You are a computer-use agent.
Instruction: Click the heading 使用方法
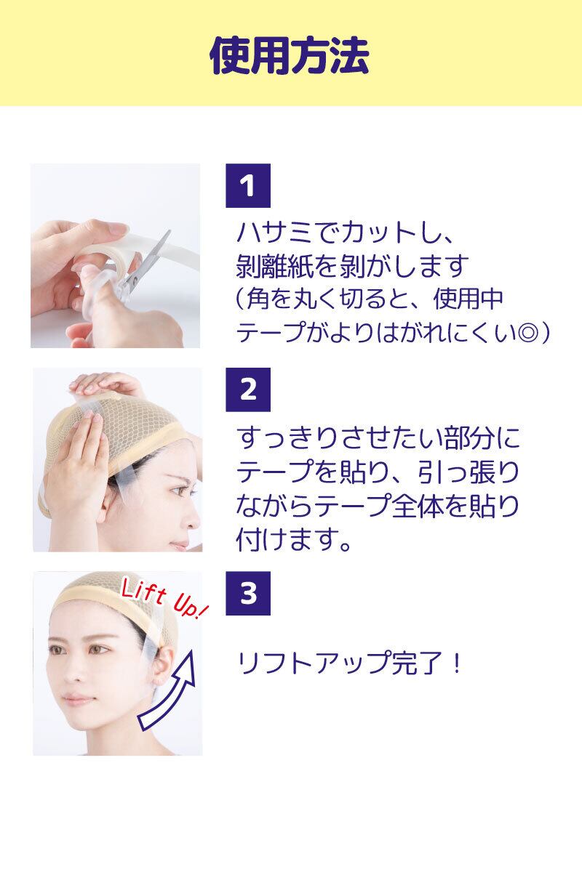[x=290, y=55]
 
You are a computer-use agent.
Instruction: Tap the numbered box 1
[x=248, y=186]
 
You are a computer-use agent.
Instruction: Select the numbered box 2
[x=248, y=389]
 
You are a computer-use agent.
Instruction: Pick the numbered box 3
[x=248, y=593]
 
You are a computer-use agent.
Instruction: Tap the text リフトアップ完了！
[x=350, y=663]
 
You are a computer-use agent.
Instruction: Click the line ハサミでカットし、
[x=344, y=233]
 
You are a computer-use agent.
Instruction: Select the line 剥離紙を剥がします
[x=352, y=266]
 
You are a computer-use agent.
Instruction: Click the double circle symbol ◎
[x=528, y=334]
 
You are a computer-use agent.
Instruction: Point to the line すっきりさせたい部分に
[x=378, y=437]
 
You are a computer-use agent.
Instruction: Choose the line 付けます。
[x=294, y=539]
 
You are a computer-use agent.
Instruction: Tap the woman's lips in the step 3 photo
[x=75, y=700]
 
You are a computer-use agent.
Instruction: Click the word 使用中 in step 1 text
[x=469, y=299]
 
